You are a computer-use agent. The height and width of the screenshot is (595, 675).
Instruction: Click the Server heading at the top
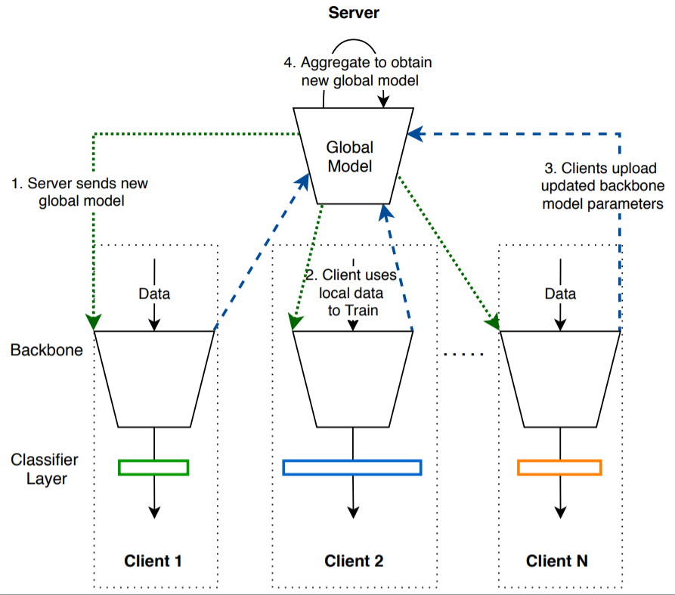pos(353,13)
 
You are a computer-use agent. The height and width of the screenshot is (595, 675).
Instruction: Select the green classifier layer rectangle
pos(153,467)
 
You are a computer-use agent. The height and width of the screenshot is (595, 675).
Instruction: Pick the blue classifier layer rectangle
pos(352,467)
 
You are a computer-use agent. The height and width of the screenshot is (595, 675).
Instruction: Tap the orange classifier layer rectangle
pos(559,467)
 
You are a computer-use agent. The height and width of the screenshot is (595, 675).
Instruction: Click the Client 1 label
pos(153,560)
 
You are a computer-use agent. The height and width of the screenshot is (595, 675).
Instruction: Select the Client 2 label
pos(354,560)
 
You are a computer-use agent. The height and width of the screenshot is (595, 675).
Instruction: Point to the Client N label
pos(557,560)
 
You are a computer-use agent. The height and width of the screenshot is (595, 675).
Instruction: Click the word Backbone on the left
pos(47,351)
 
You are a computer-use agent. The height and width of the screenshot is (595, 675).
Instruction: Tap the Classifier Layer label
pos(44,469)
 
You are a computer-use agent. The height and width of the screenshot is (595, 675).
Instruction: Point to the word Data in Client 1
pos(154,293)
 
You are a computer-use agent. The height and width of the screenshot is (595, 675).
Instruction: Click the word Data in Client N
pos(560,293)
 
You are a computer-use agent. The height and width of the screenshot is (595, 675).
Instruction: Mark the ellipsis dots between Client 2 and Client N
pos(461,354)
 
